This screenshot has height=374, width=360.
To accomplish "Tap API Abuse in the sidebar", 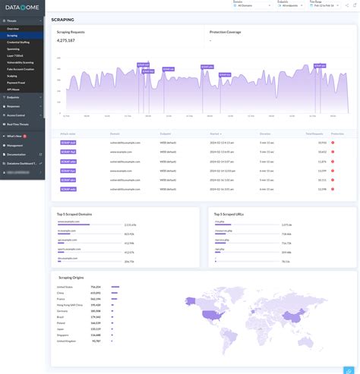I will point(13,89).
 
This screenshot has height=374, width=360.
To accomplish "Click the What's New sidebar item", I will point(15,136).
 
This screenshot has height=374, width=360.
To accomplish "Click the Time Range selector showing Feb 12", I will point(325,5).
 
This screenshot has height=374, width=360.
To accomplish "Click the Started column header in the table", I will point(216,133).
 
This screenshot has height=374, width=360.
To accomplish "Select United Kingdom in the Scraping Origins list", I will point(68,341).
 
